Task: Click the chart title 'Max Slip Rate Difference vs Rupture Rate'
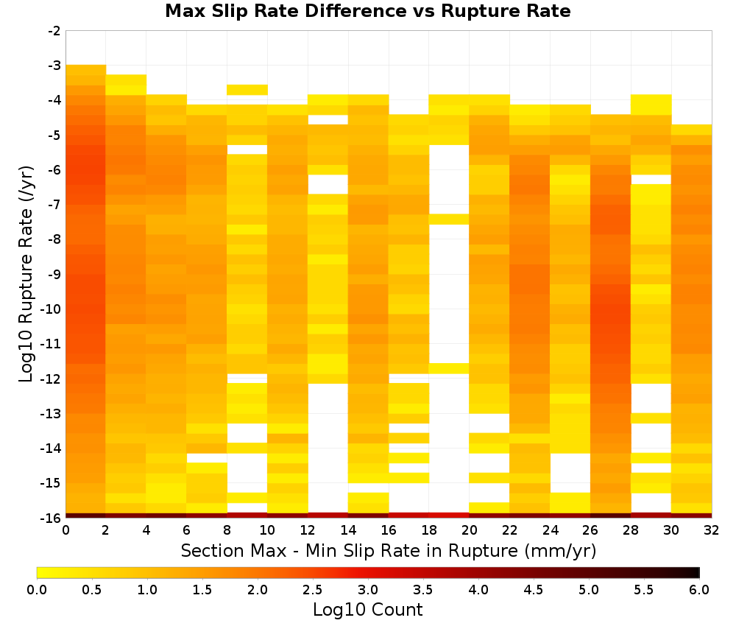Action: tap(367, 11)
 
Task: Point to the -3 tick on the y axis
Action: tap(54, 66)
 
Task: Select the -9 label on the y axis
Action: tap(54, 274)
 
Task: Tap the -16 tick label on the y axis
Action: tap(52, 518)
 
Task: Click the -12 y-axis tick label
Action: tap(52, 379)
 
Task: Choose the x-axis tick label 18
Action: tap(429, 530)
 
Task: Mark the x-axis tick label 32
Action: tap(712, 530)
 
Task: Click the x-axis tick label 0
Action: tap(66, 530)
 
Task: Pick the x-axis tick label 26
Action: tap(590, 530)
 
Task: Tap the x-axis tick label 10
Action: tap(268, 530)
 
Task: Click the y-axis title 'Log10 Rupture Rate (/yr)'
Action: tap(26, 274)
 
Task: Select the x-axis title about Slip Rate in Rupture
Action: tap(389, 551)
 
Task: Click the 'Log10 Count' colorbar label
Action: tap(367, 610)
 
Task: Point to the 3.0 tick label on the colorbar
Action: tap(368, 590)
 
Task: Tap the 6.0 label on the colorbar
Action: tap(699, 590)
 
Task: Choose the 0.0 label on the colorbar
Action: tap(37, 590)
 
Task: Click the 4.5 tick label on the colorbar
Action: tap(534, 590)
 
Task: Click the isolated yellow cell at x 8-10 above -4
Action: tap(247, 90)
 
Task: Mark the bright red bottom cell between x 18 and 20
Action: tap(449, 516)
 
